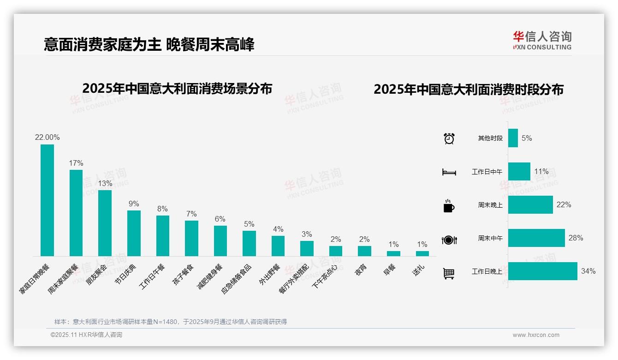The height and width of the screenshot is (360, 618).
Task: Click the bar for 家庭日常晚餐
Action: click(x=47, y=200)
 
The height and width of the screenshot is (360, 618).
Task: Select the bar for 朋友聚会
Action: click(x=105, y=223)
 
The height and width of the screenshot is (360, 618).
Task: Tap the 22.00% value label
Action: click(x=47, y=138)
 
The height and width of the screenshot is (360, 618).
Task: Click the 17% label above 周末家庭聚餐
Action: click(x=76, y=163)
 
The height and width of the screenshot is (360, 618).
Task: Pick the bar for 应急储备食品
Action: click(x=249, y=243)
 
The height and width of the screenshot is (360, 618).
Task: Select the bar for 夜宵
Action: click(x=364, y=251)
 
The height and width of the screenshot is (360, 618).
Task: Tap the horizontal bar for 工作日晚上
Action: click(x=542, y=271)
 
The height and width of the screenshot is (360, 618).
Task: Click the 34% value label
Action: click(x=588, y=271)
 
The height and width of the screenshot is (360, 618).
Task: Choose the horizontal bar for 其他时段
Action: click(x=513, y=138)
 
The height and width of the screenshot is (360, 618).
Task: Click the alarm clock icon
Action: click(x=449, y=138)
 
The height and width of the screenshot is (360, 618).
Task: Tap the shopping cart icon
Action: click(x=449, y=273)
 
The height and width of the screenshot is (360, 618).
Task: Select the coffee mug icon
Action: click(x=449, y=206)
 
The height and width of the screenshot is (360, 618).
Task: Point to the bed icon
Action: click(x=449, y=172)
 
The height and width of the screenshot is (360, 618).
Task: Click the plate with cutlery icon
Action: click(x=449, y=240)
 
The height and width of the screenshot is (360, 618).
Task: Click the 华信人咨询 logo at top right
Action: click(x=542, y=40)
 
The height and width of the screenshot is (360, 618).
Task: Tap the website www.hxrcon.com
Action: click(x=535, y=335)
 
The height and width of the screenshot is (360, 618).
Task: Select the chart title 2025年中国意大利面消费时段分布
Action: click(x=468, y=90)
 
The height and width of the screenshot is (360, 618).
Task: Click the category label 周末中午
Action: click(x=490, y=239)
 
